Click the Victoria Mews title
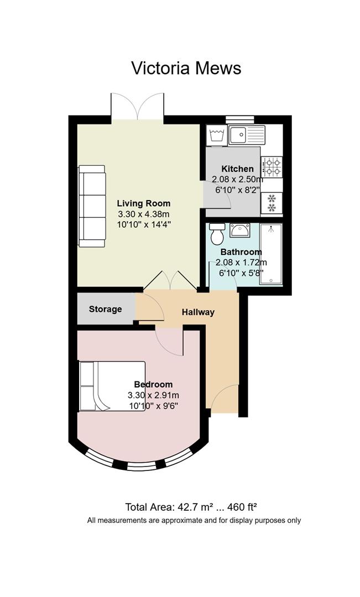click(186, 68)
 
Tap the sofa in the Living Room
click(92, 206)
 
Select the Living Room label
click(144, 203)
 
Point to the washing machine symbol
click(216, 135)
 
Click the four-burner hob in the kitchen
click(272, 167)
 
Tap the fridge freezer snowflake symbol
click(272, 202)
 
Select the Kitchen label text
click(237, 169)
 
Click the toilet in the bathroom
click(217, 234)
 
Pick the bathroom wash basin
click(240, 231)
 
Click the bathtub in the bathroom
click(271, 254)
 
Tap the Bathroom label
click(241, 252)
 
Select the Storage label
click(106, 309)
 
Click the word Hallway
click(198, 312)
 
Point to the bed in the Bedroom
click(112, 386)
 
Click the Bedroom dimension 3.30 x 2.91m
click(153, 395)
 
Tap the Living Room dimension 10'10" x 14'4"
click(144, 224)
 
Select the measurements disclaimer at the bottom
click(194, 520)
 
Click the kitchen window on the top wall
click(240, 119)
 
